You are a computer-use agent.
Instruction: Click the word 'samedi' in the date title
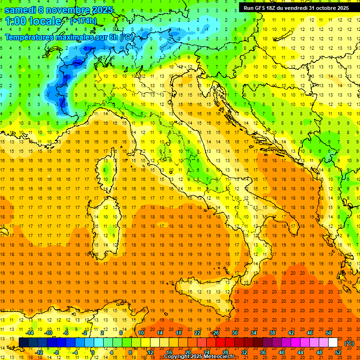pyautogui.click(x=21, y=10)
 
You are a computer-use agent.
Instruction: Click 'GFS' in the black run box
pyautogui.click(x=264, y=8)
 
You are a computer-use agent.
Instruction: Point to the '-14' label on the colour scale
pyautogui.click(x=30, y=333)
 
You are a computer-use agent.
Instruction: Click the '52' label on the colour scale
pyautogui.click(x=338, y=352)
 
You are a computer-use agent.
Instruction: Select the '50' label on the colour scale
pyautogui.click(x=329, y=333)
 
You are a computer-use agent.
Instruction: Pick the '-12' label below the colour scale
pyautogui.click(x=39, y=352)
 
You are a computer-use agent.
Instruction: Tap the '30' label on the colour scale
pyautogui.click(x=235, y=333)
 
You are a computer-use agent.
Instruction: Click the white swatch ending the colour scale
pyautogui.click(x=333, y=343)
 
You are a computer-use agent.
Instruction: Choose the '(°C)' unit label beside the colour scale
pyautogui.click(x=350, y=343)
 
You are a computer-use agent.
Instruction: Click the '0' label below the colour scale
pyautogui.click(x=92, y=352)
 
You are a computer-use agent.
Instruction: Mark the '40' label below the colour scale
pyautogui.click(x=282, y=352)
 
